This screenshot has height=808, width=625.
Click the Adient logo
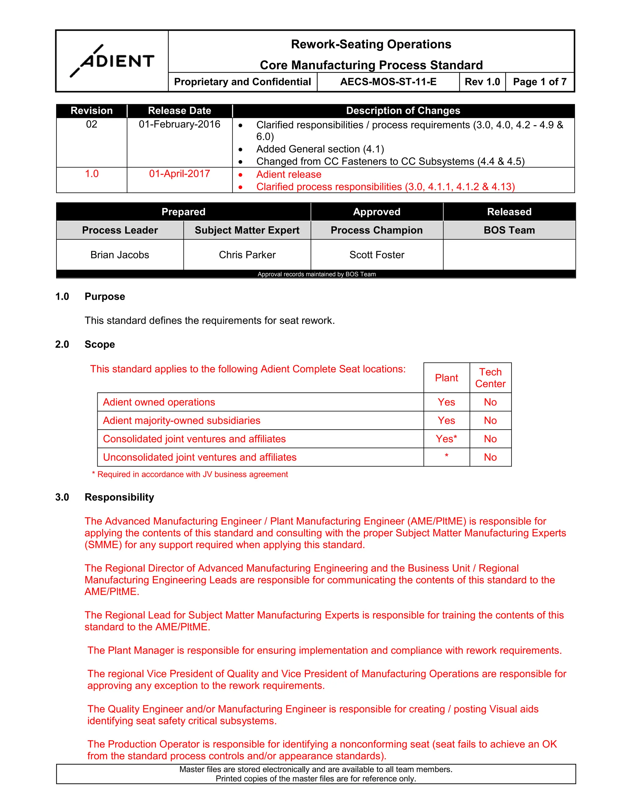(x=112, y=61)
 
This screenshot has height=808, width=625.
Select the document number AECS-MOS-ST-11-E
(x=388, y=82)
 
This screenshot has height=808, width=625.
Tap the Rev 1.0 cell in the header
(x=482, y=82)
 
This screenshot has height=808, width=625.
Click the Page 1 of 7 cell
(x=540, y=82)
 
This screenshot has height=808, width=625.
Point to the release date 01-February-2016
(x=179, y=124)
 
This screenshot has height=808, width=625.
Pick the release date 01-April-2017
(x=179, y=174)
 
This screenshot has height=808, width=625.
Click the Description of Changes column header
(x=403, y=111)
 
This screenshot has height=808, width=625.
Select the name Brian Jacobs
(x=120, y=255)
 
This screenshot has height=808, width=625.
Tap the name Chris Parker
(x=247, y=255)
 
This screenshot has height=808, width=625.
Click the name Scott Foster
(x=377, y=255)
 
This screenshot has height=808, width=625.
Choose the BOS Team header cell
(x=509, y=230)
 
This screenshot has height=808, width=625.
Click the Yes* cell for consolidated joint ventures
(x=446, y=439)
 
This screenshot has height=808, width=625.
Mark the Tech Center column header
(x=490, y=378)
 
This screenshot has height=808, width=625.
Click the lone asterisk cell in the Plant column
(x=446, y=456)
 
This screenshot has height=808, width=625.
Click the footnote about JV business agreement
(x=190, y=474)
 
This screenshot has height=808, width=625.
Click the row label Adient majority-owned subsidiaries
(x=182, y=421)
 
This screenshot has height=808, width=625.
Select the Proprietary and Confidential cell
(x=243, y=82)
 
